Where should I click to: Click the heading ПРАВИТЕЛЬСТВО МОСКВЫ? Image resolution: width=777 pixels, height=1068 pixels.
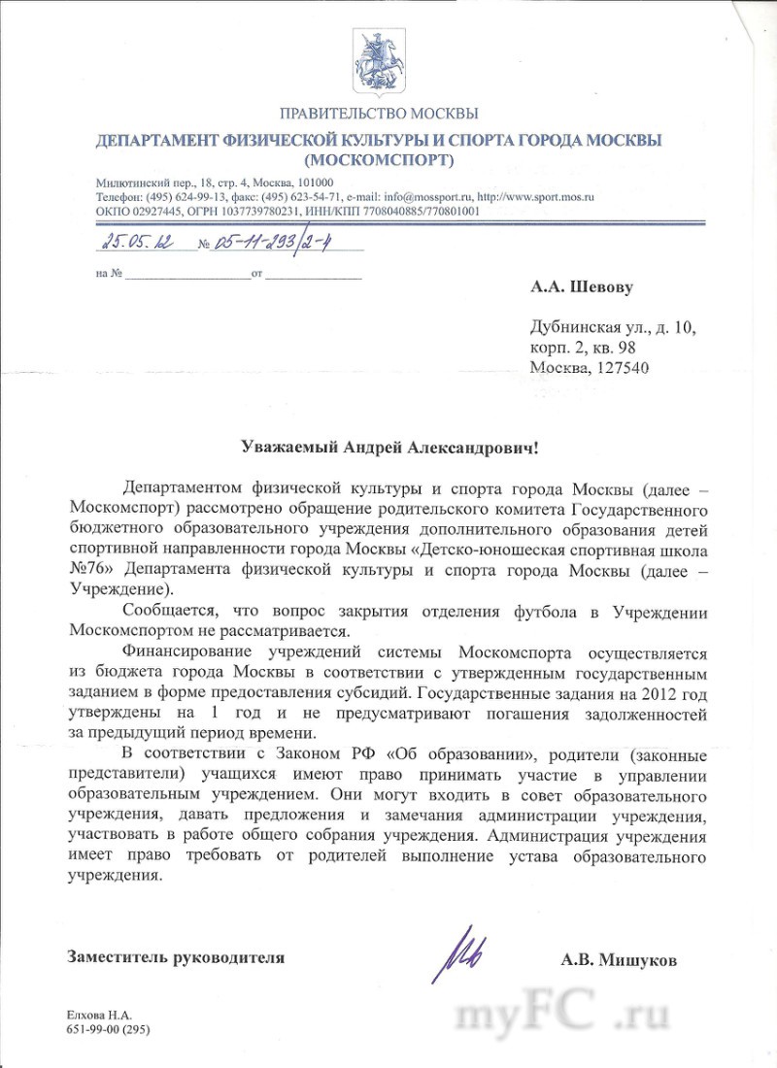tap(378, 115)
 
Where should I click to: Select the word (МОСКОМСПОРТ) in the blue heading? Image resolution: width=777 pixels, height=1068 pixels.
tap(378, 159)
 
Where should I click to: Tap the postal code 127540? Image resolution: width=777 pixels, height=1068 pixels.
tap(618, 367)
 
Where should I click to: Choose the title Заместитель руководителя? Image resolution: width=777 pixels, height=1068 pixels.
tap(176, 957)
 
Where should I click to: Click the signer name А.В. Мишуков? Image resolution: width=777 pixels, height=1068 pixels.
tap(619, 960)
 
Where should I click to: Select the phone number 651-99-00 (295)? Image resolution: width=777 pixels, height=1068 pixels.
tap(108, 1027)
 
